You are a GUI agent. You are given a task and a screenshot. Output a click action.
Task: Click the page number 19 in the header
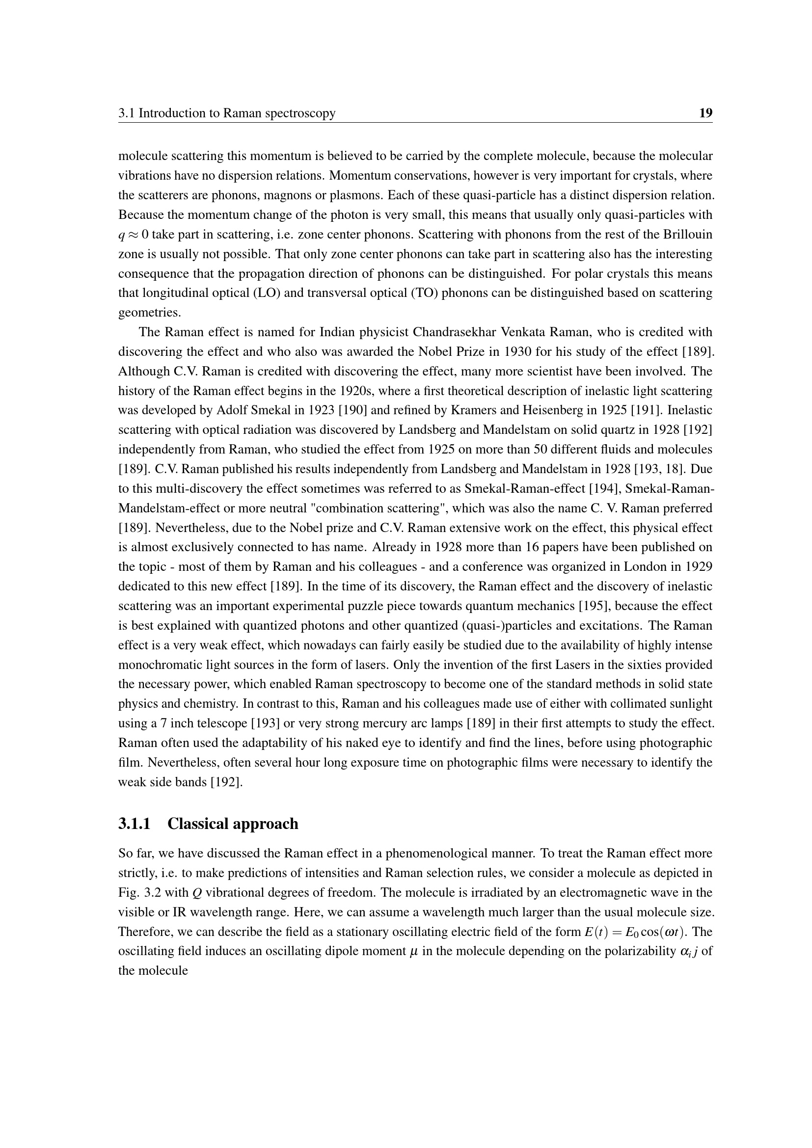[705, 113]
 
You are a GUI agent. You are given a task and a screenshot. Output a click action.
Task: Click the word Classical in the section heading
[195, 824]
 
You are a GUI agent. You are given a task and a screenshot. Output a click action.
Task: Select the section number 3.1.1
[135, 824]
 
